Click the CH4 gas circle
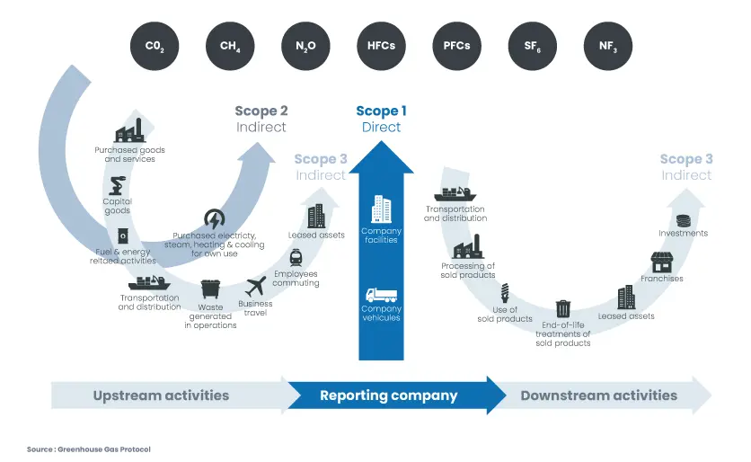230,45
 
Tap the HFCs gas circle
382,45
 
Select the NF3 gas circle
608,45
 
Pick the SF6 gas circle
533,45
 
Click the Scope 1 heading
381,111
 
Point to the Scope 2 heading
261,111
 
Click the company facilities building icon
381,209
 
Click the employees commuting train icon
296,257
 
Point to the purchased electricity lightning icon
215,218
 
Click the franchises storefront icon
662,262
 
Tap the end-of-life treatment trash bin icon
563,308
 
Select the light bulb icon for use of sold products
505,292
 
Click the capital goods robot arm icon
117,186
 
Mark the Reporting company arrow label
389,395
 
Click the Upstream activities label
161,395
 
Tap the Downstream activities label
598,395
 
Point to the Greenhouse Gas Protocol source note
88,449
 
